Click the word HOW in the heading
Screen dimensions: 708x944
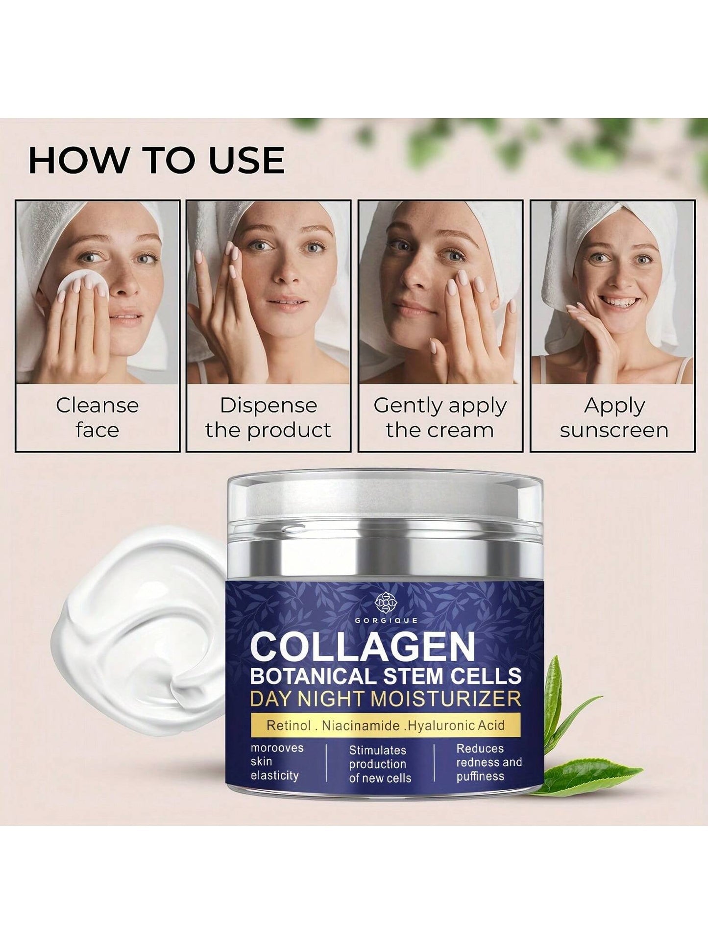click(77, 160)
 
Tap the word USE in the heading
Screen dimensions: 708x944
click(247, 160)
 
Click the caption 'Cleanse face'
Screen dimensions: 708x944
click(97, 417)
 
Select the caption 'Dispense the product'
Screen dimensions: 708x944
click(268, 417)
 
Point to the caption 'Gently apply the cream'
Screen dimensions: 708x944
click(440, 418)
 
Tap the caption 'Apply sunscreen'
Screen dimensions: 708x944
click(614, 418)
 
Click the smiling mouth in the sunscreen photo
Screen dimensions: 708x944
click(621, 300)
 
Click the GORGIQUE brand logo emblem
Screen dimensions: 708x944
click(385, 603)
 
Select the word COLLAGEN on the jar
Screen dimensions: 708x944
click(363, 646)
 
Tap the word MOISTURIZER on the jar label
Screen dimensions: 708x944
click(446, 698)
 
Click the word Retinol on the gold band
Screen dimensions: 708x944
click(289, 726)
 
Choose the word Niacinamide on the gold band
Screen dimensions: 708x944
click(361, 726)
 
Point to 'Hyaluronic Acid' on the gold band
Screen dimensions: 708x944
click(456, 725)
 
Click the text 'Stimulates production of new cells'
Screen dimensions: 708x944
click(380, 764)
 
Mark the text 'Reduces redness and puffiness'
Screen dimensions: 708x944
click(489, 763)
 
